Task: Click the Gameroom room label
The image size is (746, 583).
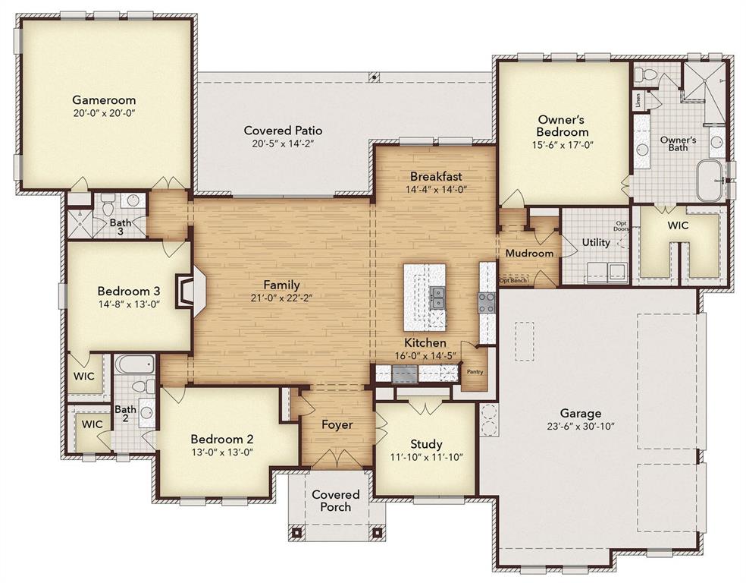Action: coord(104,99)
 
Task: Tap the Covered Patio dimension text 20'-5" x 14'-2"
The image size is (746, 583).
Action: coord(283,143)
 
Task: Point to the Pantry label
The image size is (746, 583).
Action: coord(475,372)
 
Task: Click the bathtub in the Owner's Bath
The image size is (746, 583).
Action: coord(710,179)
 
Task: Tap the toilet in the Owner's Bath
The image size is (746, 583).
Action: coord(645,76)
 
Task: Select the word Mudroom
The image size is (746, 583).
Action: coord(529,253)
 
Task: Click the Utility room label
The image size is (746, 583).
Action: coord(596,242)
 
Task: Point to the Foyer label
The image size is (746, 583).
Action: coord(337,424)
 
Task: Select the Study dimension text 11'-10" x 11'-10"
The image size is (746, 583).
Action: coord(426,457)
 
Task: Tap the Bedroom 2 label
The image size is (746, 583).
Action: coord(221,439)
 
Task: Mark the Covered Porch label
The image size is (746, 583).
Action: coord(336,500)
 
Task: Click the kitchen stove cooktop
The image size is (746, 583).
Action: coord(485,302)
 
